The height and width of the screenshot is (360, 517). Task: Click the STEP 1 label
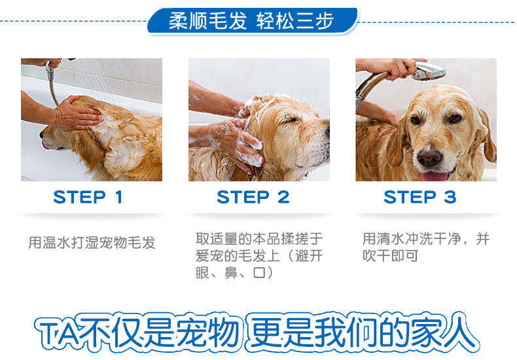click(88, 197)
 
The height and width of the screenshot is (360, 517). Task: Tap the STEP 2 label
click(253, 197)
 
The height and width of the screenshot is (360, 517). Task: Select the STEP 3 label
click(419, 197)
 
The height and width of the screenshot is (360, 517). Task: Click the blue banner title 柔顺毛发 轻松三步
click(251, 21)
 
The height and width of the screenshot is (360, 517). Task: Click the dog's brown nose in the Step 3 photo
click(429, 158)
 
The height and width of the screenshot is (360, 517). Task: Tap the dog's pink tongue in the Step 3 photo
click(435, 176)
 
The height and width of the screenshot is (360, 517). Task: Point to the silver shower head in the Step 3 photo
click(429, 70)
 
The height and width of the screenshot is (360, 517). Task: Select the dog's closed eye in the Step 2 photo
click(286, 119)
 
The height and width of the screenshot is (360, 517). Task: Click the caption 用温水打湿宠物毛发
click(92, 243)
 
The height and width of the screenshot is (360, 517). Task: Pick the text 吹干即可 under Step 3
click(391, 255)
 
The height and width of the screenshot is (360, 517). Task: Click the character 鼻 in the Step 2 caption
click(231, 273)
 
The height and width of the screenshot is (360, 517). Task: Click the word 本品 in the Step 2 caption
click(266, 239)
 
